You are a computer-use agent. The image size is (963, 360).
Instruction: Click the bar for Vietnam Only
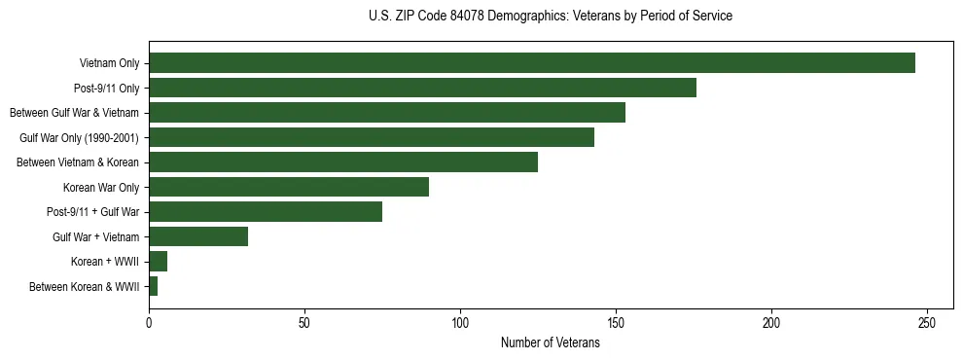[x=532, y=63]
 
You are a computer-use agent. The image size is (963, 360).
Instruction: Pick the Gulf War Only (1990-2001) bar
[x=372, y=137]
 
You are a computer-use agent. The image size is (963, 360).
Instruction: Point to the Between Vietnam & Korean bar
[x=343, y=162]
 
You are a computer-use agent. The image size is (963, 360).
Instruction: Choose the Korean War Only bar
[x=289, y=187]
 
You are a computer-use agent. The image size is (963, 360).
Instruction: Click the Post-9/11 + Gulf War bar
[x=266, y=212]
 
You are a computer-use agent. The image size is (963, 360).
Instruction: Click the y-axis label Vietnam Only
[x=109, y=63]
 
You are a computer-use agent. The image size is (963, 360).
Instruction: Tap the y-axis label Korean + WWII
[x=105, y=262]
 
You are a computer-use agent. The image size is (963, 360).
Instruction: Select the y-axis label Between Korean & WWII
[x=84, y=287]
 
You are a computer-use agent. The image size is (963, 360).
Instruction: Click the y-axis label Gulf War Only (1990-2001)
[x=79, y=137]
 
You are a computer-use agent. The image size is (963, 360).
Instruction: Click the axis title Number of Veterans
[x=550, y=342]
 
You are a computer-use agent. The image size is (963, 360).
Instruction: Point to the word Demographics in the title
[x=529, y=17]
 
